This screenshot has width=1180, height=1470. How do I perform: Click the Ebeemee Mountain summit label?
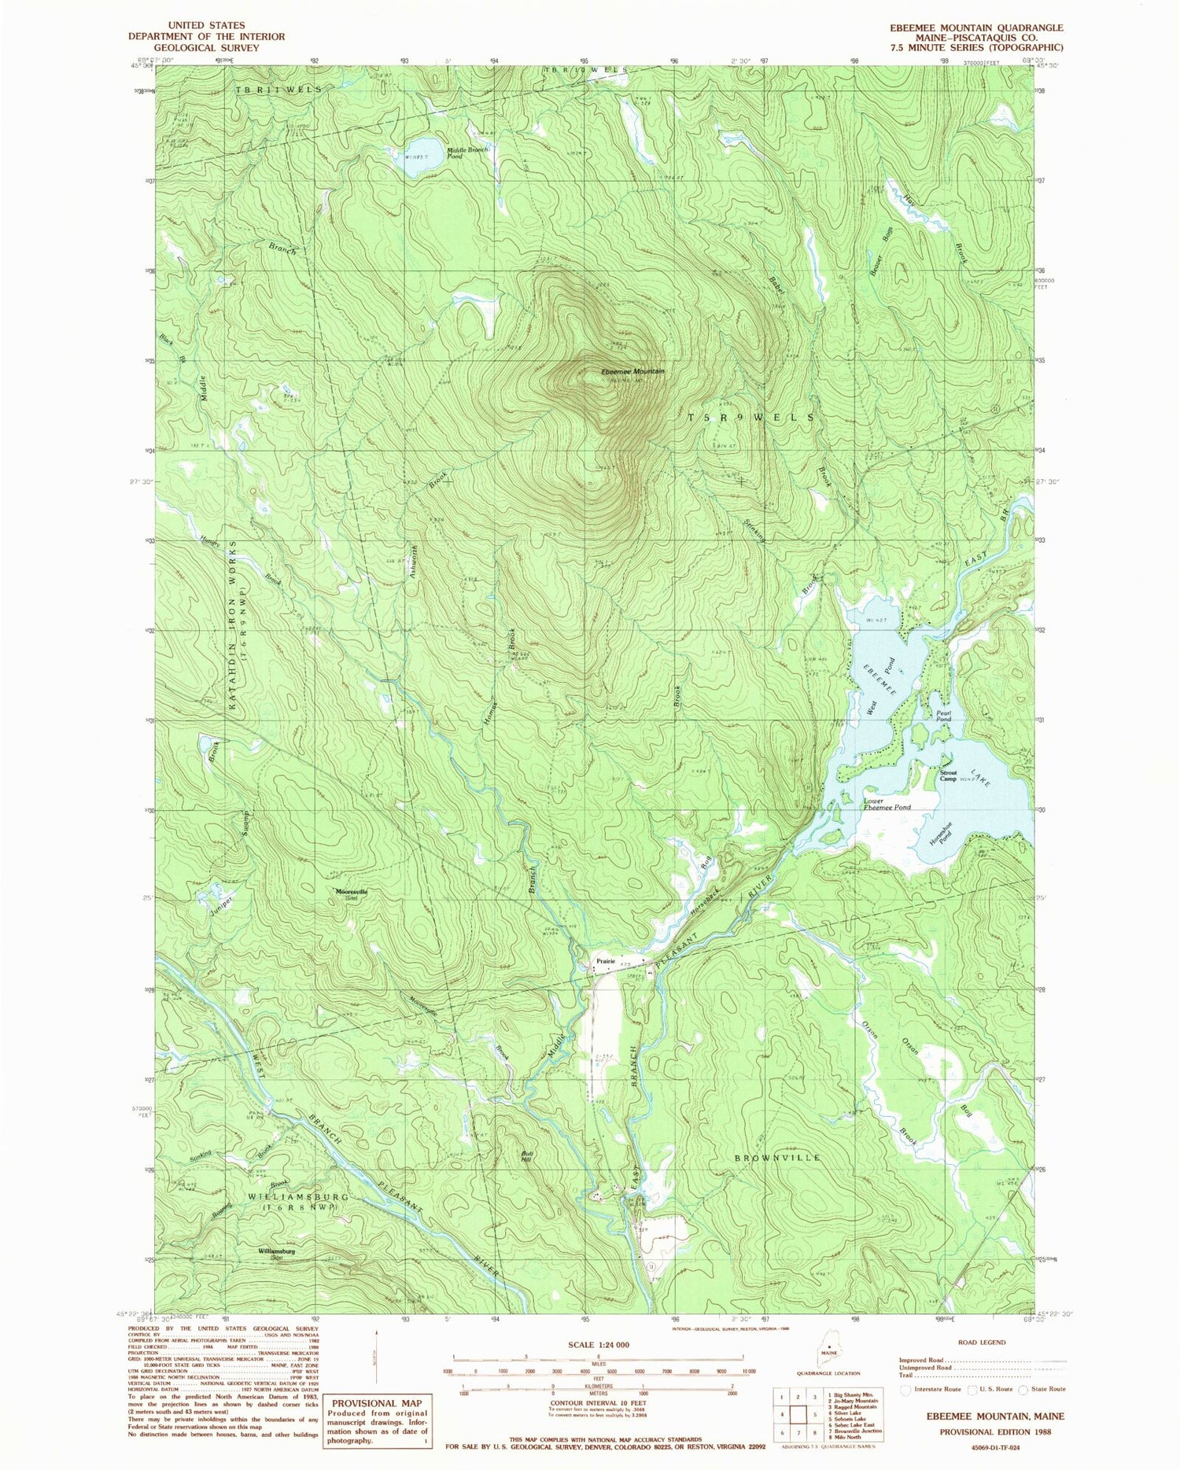(632, 371)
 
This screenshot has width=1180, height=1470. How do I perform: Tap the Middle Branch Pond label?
(468, 153)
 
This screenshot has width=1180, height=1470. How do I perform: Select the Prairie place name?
(605, 961)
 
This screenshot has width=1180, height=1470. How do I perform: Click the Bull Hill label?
(527, 1157)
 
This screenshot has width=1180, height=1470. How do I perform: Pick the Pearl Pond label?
(944, 717)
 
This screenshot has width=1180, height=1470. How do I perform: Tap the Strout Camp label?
(949, 776)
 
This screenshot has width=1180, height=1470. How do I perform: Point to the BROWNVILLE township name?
(778, 1158)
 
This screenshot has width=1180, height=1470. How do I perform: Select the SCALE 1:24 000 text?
(598, 1345)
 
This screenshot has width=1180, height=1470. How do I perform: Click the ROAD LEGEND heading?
(982, 1343)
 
